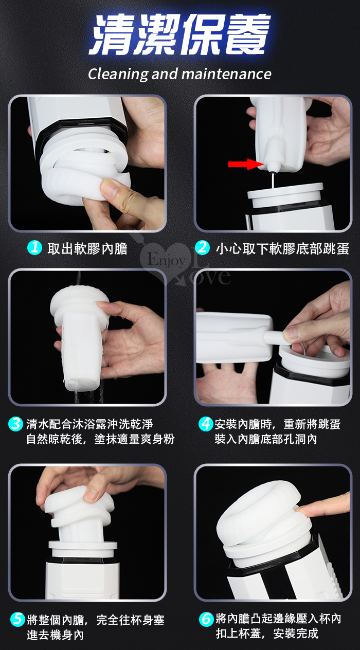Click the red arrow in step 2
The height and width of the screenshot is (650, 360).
coord(246,164)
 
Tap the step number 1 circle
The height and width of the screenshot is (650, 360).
coord(34,248)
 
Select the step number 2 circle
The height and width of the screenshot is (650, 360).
coord(202,248)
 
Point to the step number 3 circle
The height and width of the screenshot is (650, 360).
coord(16,424)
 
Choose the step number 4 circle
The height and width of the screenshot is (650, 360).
coord(206,424)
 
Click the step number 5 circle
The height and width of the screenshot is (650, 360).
coord(17,619)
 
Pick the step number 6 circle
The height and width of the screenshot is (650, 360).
coord(206,619)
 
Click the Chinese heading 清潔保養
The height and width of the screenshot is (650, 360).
coord(180,35)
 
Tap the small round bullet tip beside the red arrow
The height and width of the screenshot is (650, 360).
coord(273,167)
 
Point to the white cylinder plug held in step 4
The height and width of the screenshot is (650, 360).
coord(274,337)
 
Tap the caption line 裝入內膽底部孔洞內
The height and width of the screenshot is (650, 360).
coord(266,439)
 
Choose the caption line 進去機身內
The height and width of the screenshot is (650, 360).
coord(55,635)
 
